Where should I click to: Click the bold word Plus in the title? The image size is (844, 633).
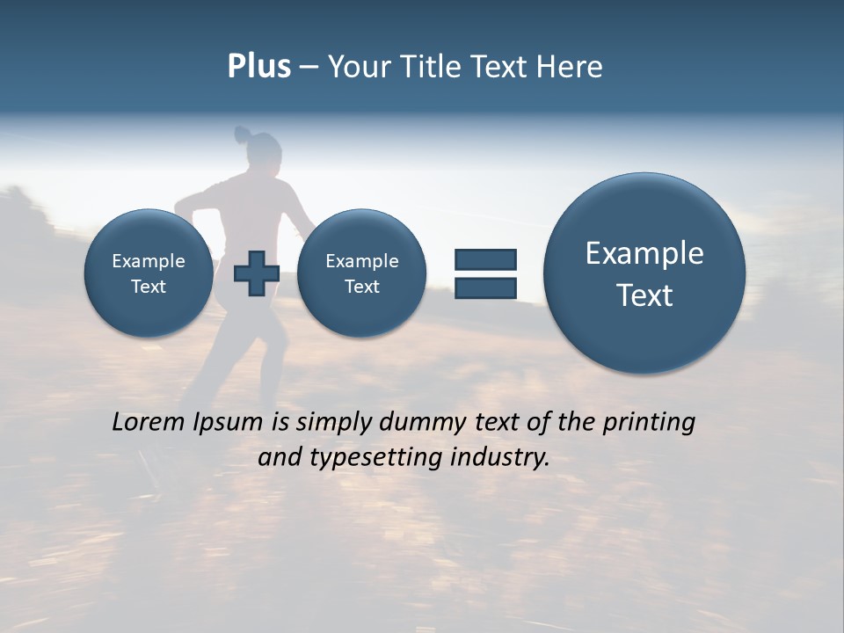[258, 67]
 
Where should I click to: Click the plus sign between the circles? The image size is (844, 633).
[256, 273]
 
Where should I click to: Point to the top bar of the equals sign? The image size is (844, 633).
[485, 259]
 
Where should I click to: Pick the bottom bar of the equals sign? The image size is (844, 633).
[485, 287]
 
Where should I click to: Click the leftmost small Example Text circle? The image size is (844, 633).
[148, 273]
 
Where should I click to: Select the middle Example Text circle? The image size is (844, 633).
[361, 273]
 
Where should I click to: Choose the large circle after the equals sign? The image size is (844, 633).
[644, 273]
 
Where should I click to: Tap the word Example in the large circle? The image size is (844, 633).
[644, 253]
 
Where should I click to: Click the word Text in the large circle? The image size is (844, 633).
[644, 295]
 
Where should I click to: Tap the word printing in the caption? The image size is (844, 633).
[650, 423]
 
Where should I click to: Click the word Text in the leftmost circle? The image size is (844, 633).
[148, 287]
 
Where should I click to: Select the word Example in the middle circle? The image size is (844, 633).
[361, 261]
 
